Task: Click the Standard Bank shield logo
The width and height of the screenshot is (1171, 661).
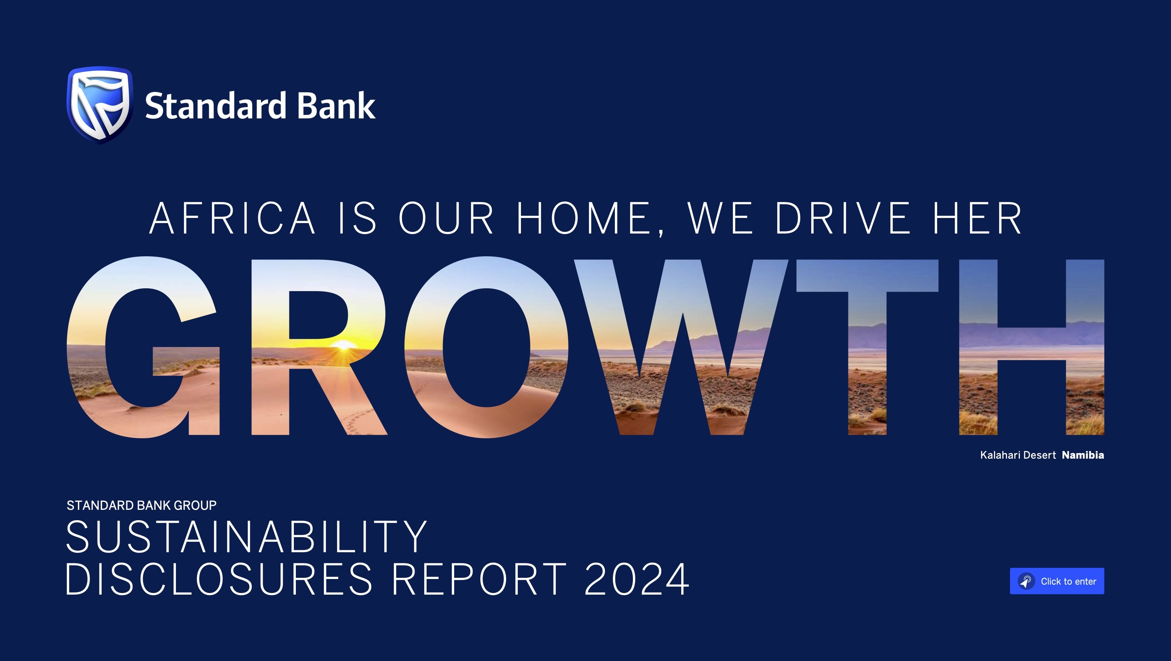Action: [100, 104]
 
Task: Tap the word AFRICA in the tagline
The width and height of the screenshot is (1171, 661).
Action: [232, 219]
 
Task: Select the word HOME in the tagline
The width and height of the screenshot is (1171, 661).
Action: [584, 219]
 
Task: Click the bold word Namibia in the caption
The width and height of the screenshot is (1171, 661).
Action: [1082, 455]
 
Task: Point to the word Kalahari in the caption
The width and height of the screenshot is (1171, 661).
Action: [1000, 455]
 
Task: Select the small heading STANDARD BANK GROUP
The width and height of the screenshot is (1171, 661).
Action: [142, 505]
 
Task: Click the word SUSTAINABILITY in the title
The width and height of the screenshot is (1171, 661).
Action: [246, 537]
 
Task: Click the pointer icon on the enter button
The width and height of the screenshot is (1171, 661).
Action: [1026, 581]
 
